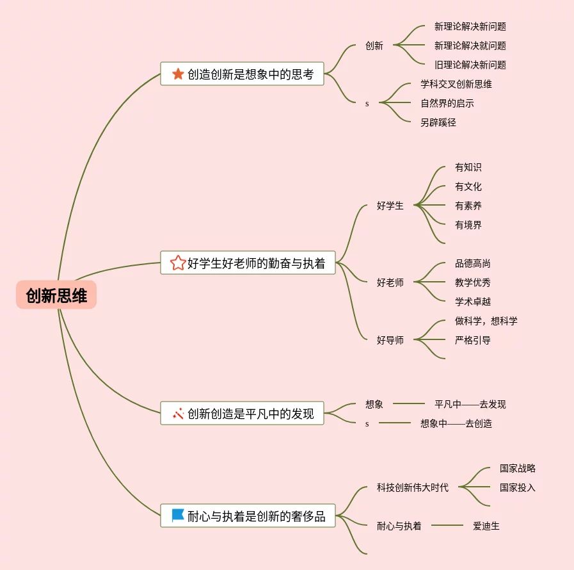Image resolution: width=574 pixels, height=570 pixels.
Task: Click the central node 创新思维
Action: click(56, 295)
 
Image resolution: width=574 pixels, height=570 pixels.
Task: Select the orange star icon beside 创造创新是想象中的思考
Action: click(178, 74)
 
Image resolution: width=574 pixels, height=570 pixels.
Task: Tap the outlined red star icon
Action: click(178, 263)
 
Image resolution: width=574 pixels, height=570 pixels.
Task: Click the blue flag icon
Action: click(178, 516)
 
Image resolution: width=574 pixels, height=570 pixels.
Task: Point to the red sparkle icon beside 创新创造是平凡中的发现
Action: click(178, 414)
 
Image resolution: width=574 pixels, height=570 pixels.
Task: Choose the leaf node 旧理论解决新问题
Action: click(470, 65)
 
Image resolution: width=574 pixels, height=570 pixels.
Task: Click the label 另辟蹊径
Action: click(438, 122)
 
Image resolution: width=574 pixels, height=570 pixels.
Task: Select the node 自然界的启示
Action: click(447, 103)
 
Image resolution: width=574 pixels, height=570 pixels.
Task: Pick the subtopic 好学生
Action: click(390, 206)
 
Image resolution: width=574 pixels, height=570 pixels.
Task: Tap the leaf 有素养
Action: click(468, 206)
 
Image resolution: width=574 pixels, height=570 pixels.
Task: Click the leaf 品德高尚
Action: click(473, 263)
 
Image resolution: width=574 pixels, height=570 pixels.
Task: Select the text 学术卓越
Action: click(473, 302)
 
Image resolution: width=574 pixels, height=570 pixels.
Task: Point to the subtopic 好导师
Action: click(390, 340)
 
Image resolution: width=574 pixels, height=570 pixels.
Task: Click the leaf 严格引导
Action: click(473, 340)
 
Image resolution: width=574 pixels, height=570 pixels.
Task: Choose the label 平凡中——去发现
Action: click(470, 404)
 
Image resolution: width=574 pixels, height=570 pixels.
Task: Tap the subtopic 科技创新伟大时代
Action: click(412, 487)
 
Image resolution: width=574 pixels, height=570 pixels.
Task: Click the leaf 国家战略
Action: click(518, 468)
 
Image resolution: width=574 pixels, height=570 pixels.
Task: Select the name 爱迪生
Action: click(486, 526)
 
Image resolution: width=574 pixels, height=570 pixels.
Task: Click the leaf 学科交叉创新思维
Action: click(456, 84)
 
